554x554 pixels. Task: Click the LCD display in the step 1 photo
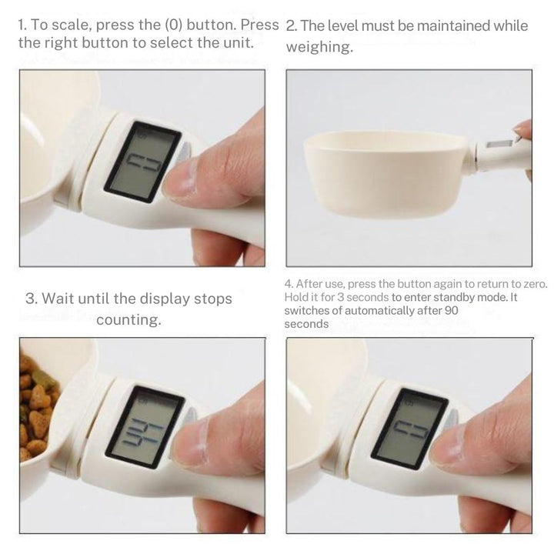pyautogui.click(x=142, y=162)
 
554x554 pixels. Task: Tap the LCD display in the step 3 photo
pyautogui.click(x=145, y=426)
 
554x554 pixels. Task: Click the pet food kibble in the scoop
pyautogui.click(x=37, y=408)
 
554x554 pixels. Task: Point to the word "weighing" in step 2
pyautogui.click(x=319, y=48)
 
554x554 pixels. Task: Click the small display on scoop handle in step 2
pyautogui.click(x=499, y=144)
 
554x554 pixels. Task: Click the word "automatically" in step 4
pyautogui.click(x=376, y=311)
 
